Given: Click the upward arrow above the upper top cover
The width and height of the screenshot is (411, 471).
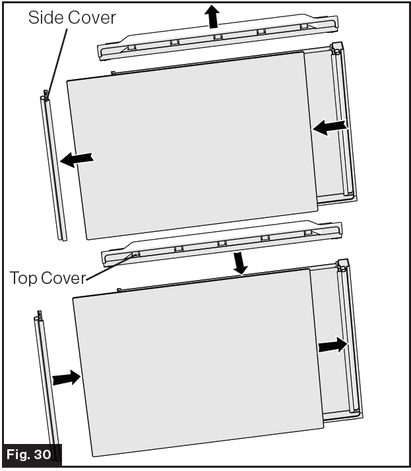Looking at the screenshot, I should click(212, 16).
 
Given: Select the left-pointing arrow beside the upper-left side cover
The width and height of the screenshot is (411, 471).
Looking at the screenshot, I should click(77, 159).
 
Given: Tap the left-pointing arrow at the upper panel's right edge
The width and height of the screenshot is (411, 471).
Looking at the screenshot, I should click(329, 126).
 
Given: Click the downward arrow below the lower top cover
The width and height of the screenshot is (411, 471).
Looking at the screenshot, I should click(241, 263).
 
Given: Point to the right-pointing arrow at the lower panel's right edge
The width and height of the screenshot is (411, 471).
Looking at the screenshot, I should click(333, 345).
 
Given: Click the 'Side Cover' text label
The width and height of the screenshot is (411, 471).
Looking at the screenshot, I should click(71, 17).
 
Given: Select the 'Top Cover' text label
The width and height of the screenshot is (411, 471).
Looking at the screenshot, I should click(47, 278).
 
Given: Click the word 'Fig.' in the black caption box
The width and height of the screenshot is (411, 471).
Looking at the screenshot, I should click(20, 455).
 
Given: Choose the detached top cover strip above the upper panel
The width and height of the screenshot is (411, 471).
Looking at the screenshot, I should click(218, 41).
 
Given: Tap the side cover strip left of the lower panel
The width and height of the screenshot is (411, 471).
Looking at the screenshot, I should click(46, 382).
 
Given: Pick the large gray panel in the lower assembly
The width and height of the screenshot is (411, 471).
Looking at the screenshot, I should click(198, 362).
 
